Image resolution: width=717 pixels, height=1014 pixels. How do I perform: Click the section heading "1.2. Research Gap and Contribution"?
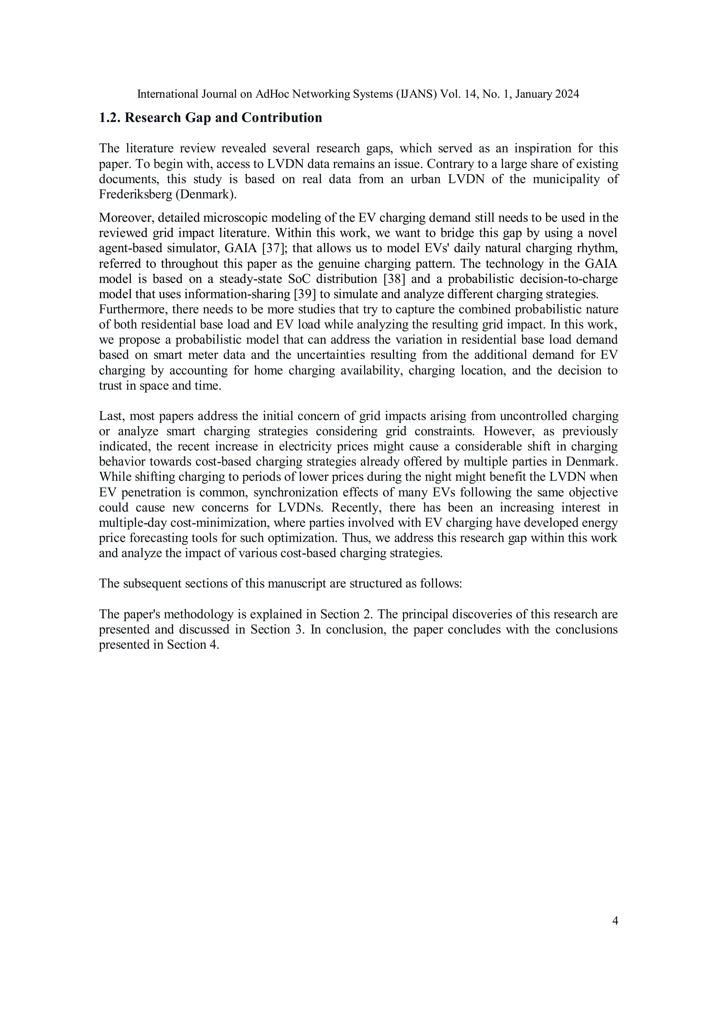click(210, 118)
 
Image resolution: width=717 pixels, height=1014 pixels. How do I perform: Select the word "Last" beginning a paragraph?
click(108, 416)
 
